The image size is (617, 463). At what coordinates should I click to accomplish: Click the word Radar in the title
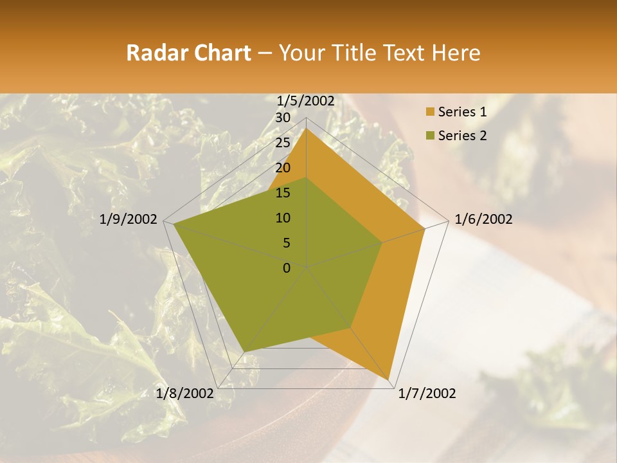tap(155, 53)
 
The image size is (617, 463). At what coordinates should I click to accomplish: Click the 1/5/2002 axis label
tap(306, 101)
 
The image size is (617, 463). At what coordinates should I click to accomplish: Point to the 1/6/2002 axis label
tap(483, 219)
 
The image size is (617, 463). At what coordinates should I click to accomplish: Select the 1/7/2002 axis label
tap(427, 394)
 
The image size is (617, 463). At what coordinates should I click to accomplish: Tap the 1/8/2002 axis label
tap(184, 394)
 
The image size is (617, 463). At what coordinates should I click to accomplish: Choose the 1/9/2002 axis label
tap(129, 219)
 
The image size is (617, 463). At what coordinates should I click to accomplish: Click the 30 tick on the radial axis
tap(282, 118)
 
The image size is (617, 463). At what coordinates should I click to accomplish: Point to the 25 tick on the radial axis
tap(282, 143)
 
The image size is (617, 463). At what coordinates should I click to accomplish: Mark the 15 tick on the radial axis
tap(282, 193)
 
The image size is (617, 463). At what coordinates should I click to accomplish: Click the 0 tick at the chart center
tap(287, 268)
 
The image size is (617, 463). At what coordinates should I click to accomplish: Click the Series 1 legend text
tap(462, 112)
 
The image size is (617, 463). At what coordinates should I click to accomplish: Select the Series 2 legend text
tap(462, 136)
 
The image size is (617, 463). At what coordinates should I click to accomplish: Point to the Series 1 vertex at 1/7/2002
tap(389, 379)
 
